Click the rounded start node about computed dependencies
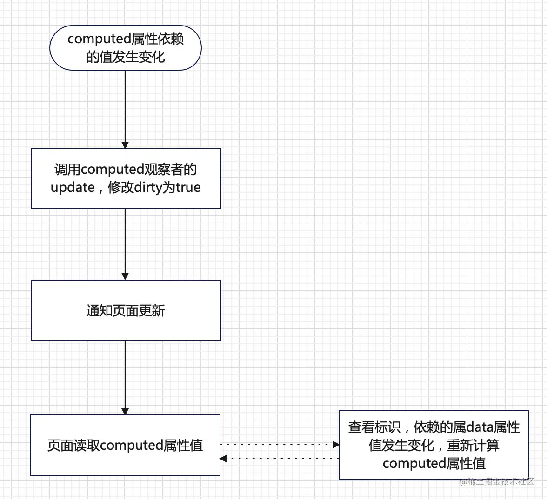point(125,48)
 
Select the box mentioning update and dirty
point(126,178)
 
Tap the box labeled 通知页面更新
point(126,310)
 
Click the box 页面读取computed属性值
point(125,445)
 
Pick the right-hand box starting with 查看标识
point(434,445)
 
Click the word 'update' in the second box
point(73,188)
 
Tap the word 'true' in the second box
point(188,188)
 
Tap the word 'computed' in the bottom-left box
point(131,446)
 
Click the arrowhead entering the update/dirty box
point(125,144)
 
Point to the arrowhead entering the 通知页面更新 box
point(125,276)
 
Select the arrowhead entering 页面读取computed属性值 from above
point(125,411)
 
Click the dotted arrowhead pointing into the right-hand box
point(336,445)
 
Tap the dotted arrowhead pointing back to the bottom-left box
point(223,459)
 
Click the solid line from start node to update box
point(125,107)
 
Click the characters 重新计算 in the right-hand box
point(473,446)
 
